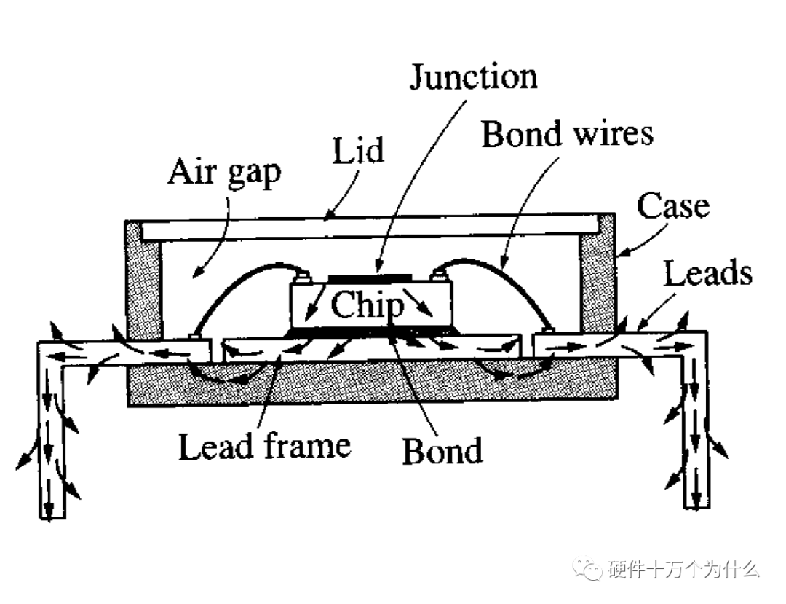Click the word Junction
tap(473, 77)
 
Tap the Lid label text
tap(358, 154)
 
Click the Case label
tap(672, 206)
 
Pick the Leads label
tap(707, 273)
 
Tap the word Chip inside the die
tap(366, 306)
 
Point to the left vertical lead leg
tap(52, 437)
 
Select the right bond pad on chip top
tap(437, 275)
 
